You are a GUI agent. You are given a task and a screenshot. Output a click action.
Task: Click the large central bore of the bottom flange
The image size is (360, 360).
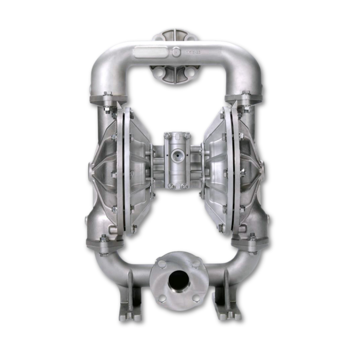click(178, 279)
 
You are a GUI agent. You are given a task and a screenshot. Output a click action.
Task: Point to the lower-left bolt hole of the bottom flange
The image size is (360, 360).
click(162, 297)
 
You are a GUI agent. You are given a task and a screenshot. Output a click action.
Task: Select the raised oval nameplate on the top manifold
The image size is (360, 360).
click(150, 52)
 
